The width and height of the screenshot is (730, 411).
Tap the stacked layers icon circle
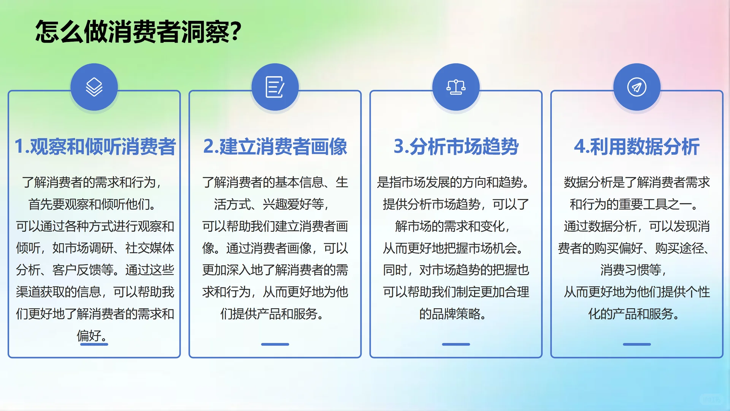pyautogui.click(x=94, y=87)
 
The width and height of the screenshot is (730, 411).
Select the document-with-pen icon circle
pyautogui.click(x=275, y=87)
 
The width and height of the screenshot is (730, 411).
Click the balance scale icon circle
pyautogui.click(x=456, y=87)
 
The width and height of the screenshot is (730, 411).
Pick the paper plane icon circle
pyautogui.click(x=637, y=87)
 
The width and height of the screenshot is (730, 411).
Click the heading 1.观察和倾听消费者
pyautogui.click(x=95, y=147)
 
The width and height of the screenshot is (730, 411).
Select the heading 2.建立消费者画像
pyautogui.click(x=275, y=147)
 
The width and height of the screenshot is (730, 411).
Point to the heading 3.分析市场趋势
pyautogui.click(x=456, y=147)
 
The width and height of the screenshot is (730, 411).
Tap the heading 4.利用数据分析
pyautogui.click(x=637, y=147)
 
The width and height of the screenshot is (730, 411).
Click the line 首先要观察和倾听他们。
pyautogui.click(x=92, y=204)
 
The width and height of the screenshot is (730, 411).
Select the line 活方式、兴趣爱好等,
pyautogui.click(x=271, y=204)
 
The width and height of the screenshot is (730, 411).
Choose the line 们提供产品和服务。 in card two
pyautogui.click(x=272, y=314)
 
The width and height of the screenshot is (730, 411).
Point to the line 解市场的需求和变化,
pyautogui.click(x=452, y=226)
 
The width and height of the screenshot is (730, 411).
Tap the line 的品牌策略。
pyautogui.click(x=452, y=314)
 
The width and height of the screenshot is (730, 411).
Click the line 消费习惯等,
pyautogui.click(x=633, y=270)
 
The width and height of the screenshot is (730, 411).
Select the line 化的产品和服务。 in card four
pyautogui.click(x=633, y=314)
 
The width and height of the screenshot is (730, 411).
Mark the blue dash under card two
pyautogui.click(x=275, y=344)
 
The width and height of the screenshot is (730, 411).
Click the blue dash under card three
pyautogui.click(x=456, y=344)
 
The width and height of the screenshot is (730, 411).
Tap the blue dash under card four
pyautogui.click(x=637, y=344)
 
